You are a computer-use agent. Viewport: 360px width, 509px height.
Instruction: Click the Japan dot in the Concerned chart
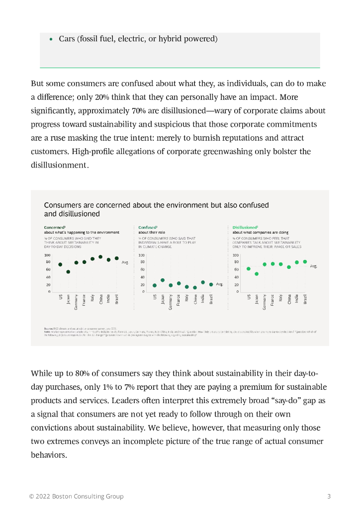pos(68,272)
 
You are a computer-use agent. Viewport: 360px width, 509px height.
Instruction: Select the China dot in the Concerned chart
pos(100,257)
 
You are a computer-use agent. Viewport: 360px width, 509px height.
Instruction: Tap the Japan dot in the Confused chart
pos(163,280)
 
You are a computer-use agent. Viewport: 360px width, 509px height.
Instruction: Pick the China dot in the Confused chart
pos(195,287)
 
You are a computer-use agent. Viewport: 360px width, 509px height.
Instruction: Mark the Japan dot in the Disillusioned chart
pos(257,274)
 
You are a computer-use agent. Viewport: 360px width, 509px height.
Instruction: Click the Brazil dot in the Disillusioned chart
pos(305,261)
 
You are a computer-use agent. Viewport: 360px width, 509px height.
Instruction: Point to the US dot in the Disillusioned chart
pos(249,269)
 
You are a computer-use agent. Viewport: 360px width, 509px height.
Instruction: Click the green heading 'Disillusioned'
pos(245,227)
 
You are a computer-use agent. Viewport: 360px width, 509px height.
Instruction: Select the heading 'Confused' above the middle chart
pos(147,227)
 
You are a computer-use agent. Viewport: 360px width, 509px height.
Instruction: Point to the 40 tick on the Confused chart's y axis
pos(142,277)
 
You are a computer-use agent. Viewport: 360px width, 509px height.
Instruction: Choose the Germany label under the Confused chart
pos(171,302)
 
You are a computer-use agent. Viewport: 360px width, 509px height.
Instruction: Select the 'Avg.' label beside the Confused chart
pos(219,284)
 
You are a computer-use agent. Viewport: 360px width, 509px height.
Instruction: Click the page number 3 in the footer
pos(329,496)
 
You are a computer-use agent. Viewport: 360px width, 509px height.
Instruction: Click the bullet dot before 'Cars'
pos(51,39)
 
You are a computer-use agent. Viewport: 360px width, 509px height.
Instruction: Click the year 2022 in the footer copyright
pos(44,496)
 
